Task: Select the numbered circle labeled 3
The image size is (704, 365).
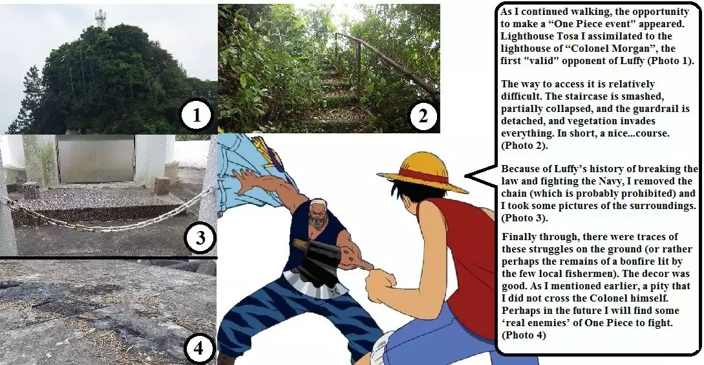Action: click(200, 239)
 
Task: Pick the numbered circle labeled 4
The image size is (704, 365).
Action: click(198, 349)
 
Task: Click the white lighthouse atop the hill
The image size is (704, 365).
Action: click(100, 18)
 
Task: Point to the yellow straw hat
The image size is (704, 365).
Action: click(423, 172)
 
